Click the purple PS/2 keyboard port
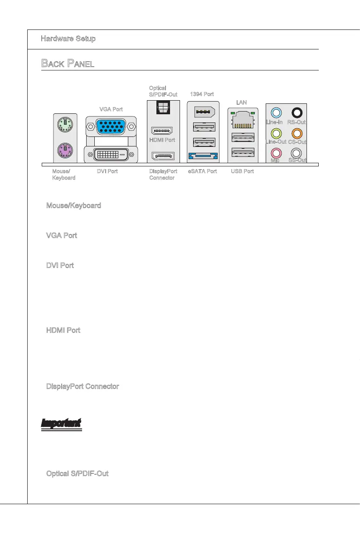pos(65,150)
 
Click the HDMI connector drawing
pos(162,131)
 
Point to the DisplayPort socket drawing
pos(162,156)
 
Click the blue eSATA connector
pos(202,156)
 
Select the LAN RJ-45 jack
pos(243,119)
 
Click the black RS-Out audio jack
pos(297,112)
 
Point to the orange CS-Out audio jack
pos(297,133)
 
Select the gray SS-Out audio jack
pos(297,154)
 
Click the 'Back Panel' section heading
pos(68,63)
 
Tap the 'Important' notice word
pos(61,423)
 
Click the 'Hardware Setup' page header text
pos(68,39)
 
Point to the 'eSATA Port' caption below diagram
pos(202,171)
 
